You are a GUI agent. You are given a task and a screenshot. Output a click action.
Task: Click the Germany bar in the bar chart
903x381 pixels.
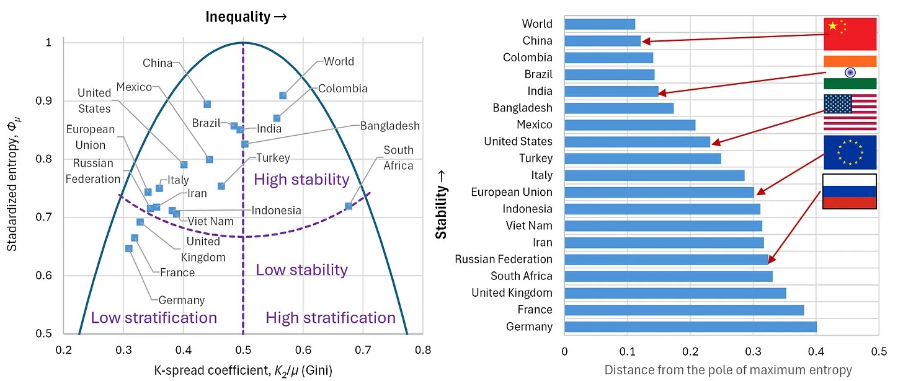[x=690, y=326]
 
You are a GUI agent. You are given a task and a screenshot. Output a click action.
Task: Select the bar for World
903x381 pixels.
[x=600, y=24]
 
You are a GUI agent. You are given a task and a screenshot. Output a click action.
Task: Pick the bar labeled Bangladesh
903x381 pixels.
[x=619, y=108]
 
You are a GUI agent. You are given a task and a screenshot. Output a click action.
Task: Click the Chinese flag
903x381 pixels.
[x=850, y=34]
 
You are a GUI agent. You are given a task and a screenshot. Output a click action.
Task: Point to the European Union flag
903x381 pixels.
[x=850, y=152]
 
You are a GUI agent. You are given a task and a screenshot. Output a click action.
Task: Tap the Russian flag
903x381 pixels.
[x=849, y=191]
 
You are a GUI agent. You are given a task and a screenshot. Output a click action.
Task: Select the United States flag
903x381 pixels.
[x=850, y=113]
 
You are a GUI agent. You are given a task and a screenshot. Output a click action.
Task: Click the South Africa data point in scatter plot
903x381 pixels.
[x=349, y=206]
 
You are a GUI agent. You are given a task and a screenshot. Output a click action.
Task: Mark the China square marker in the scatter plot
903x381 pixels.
[x=207, y=104]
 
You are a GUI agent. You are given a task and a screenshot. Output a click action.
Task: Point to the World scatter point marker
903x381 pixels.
[x=283, y=95]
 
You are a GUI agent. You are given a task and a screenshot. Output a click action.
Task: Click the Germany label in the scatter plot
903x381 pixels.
[x=182, y=300]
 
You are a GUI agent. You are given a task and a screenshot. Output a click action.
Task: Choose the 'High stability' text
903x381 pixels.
[x=302, y=180]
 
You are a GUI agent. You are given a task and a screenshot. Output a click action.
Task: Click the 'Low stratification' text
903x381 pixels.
[x=154, y=318]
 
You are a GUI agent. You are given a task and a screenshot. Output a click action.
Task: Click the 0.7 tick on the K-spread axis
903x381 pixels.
[x=363, y=351]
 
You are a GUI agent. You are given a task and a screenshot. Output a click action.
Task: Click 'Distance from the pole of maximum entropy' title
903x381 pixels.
[x=728, y=370]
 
